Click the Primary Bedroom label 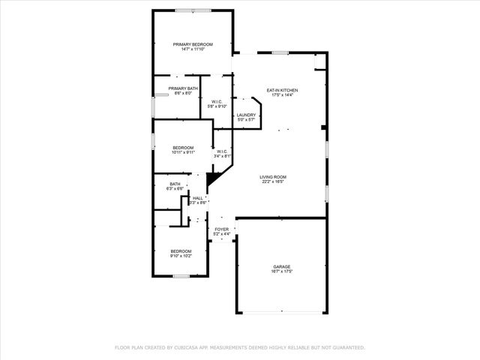click(x=193, y=44)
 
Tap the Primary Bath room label click(x=183, y=88)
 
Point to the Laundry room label click(x=247, y=115)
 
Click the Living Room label click(x=274, y=176)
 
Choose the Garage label click(x=282, y=266)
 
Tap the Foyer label click(x=222, y=229)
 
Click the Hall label click(x=198, y=198)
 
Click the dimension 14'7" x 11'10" click(x=193, y=49)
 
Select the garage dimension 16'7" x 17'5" click(x=282, y=271)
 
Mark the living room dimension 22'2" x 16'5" click(x=274, y=181)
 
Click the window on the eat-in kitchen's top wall click(x=280, y=52)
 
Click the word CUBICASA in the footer click(x=191, y=348)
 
